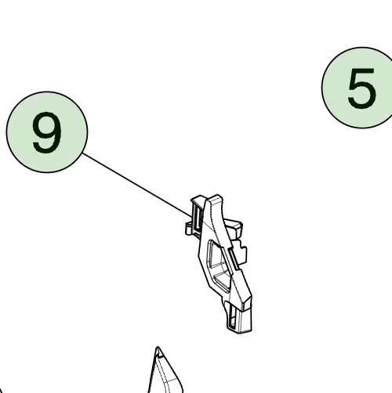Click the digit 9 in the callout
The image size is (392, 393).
pos(47,132)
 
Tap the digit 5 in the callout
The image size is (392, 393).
pos(362,88)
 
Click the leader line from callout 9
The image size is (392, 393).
pos(137,185)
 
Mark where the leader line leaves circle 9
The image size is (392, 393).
pos(82,153)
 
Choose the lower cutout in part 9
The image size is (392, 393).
pos(223,281)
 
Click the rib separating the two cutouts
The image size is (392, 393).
pos(221,271)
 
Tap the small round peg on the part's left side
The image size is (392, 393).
pos(189,229)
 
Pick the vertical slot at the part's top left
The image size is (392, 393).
pos(198,217)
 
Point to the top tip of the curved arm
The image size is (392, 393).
pos(216,196)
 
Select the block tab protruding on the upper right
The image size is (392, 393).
pos(234,228)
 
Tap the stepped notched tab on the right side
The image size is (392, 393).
pos(241,254)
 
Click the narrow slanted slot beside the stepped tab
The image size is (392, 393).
pos(233,259)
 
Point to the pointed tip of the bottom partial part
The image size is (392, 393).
pos(158,347)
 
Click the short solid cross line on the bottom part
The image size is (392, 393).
pos(171,380)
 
